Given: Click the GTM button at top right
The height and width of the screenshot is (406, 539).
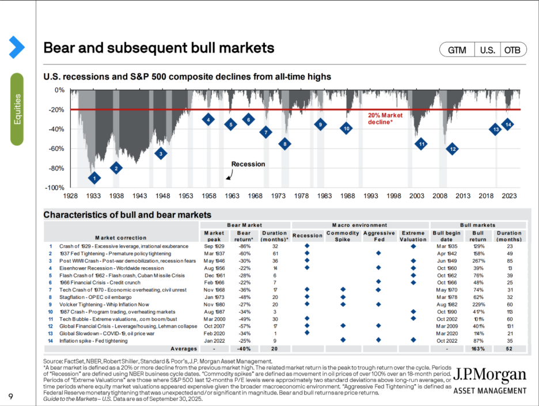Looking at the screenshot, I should [457, 50].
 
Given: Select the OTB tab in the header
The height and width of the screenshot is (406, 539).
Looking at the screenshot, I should [514, 50].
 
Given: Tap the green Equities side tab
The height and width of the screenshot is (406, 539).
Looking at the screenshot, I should [17, 109].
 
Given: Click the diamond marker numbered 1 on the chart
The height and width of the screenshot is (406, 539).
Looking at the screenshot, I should [94, 179].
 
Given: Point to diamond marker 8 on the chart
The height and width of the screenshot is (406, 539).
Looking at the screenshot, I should [284, 144].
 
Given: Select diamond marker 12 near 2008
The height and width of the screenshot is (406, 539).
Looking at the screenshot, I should [453, 149].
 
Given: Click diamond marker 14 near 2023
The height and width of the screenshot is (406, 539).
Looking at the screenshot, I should [508, 124].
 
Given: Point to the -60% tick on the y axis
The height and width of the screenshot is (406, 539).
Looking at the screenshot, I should [56, 149].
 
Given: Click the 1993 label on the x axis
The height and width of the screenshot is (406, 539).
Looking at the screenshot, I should [370, 196].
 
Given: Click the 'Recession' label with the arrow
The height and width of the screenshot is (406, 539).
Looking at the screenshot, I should [248, 164].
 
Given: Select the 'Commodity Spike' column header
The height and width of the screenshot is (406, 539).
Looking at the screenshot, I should [342, 236].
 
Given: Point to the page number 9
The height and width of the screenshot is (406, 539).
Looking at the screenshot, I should [11, 396].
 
